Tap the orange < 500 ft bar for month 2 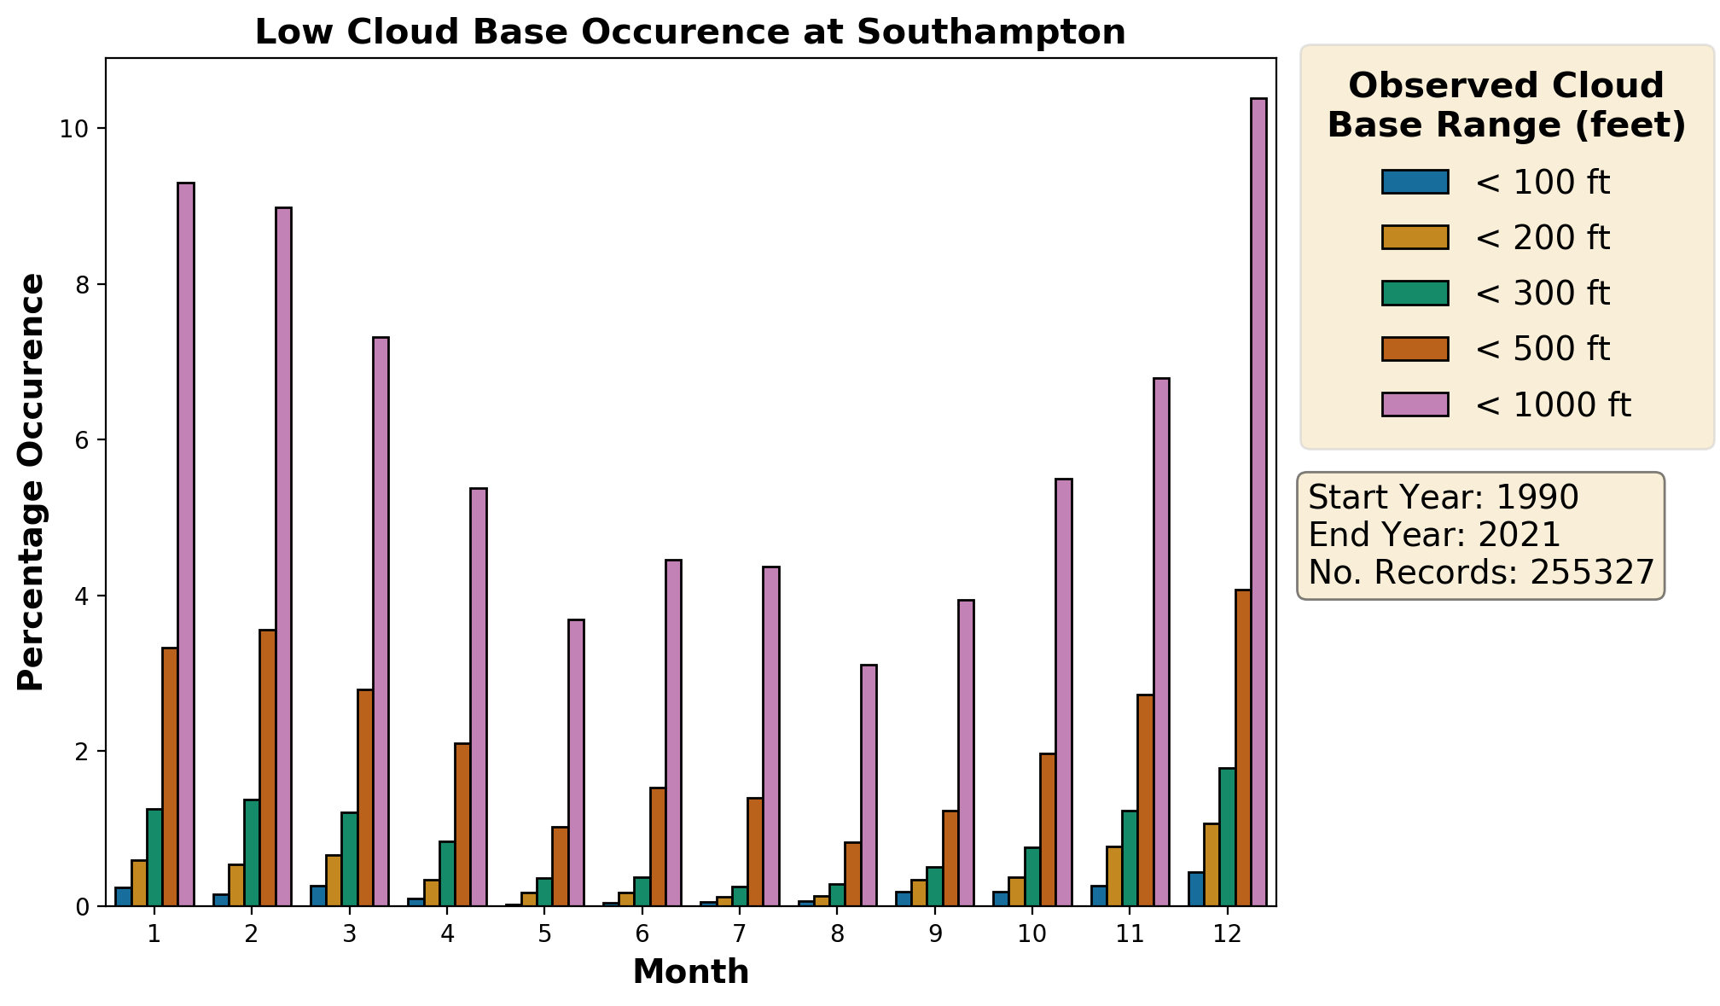coord(268,768)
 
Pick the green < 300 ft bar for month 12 coord(1228,837)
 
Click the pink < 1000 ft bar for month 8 coord(869,785)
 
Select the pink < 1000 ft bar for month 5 coord(576,763)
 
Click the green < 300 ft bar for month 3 coord(350,859)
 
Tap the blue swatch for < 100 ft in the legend coord(1415,183)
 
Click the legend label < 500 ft coord(1543,349)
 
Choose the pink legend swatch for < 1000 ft coord(1415,404)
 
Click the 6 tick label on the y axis coord(83,440)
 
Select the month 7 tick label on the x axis coord(740,934)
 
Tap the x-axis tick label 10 coord(1031,934)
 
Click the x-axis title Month coord(691,972)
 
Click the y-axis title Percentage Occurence coord(32,482)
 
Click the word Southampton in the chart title coord(991,32)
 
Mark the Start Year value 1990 coord(1537,497)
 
